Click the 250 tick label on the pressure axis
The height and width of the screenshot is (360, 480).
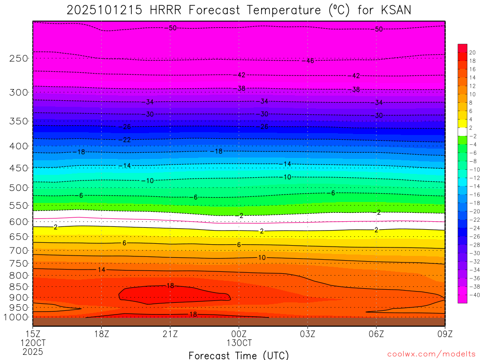click(18, 59)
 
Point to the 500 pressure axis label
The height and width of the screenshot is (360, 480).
click(18, 188)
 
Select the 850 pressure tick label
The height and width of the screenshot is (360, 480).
click(18, 287)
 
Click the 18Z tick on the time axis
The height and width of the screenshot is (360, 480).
click(102, 334)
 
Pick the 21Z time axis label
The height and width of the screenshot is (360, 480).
click(170, 334)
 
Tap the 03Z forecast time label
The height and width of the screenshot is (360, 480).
click(307, 334)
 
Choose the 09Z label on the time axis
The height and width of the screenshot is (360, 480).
click(444, 334)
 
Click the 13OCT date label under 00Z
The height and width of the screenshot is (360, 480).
click(239, 343)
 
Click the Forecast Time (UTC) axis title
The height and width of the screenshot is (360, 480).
click(239, 355)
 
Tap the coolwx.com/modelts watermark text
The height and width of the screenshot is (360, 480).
click(431, 353)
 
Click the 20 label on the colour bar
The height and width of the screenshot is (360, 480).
click(472, 52)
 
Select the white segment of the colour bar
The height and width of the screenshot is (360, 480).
click(462, 132)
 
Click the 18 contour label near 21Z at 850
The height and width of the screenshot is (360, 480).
click(170, 285)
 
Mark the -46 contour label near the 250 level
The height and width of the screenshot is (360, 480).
click(309, 61)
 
